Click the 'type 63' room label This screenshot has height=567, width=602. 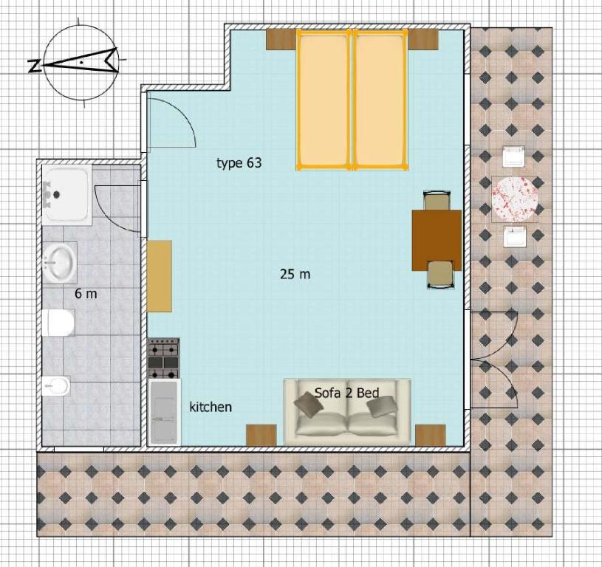click(x=239, y=163)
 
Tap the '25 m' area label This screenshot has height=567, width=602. click(x=295, y=275)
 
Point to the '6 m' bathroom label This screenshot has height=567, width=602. click(x=86, y=294)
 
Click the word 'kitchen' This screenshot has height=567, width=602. click(x=211, y=407)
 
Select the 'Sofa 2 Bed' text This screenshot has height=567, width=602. click(x=346, y=393)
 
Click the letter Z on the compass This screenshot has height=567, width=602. click(x=35, y=66)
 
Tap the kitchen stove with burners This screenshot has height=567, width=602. click(x=163, y=358)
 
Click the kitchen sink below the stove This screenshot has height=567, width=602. click(x=164, y=413)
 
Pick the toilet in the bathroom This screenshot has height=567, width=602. click(x=58, y=323)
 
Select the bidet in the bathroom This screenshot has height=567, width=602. click(x=56, y=385)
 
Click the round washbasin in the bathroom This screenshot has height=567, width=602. click(x=59, y=262)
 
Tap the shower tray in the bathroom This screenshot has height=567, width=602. click(x=66, y=194)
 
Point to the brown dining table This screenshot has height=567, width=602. click(x=437, y=240)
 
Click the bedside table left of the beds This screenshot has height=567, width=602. click(x=281, y=40)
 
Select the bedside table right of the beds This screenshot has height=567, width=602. click(x=423, y=40)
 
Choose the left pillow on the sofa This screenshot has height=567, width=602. click(x=307, y=405)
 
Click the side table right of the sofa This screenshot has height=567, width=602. click(x=431, y=435)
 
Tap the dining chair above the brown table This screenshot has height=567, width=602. click(x=437, y=200)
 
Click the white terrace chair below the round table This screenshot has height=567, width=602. click(x=514, y=237)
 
